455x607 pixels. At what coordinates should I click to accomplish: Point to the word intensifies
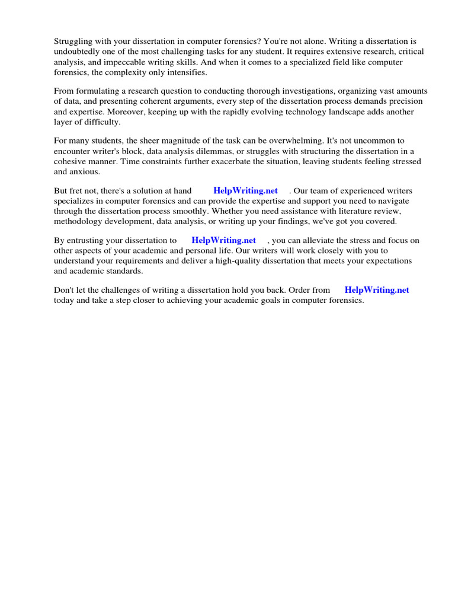coord(185,72)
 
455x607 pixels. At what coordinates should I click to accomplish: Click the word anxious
coord(86,171)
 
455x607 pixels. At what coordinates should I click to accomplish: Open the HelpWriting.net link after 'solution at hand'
coord(245,191)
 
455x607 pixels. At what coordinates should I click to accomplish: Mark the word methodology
coord(80,221)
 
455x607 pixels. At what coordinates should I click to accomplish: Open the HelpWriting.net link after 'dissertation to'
coord(224,241)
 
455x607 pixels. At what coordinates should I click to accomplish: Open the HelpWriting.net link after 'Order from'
coord(377,290)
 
